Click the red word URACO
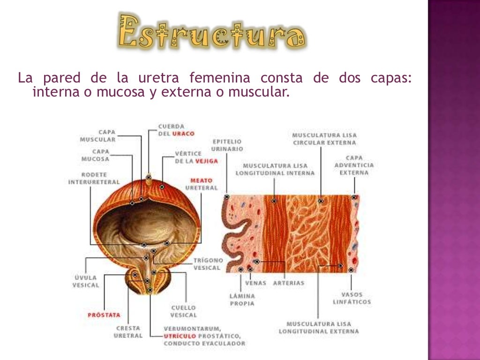point(183,134)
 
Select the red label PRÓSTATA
point(104,315)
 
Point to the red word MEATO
point(201,180)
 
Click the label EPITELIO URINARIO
point(227,145)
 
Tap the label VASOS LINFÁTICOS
point(352,298)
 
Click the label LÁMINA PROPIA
point(242,300)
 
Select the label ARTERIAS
point(288,283)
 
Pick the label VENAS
point(255,283)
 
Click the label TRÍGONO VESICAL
point(208,264)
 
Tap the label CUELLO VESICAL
point(183,311)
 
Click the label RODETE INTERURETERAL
point(94,178)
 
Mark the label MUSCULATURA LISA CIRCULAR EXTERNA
point(324,139)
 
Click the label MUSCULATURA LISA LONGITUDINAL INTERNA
point(275,169)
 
